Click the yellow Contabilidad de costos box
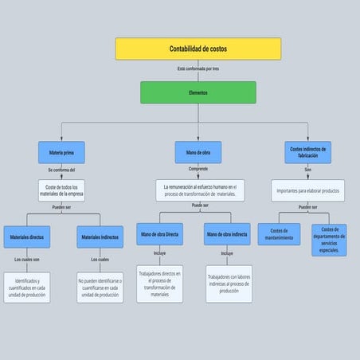point(198,49)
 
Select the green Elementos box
point(198,92)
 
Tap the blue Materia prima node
point(61,152)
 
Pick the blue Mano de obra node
point(198,152)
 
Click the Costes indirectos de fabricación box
point(307,152)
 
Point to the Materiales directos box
point(27,237)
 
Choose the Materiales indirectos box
point(100,237)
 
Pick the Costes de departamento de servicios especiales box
point(329,240)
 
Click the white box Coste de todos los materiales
point(61,190)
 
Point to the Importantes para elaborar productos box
point(307,191)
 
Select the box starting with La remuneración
point(199,190)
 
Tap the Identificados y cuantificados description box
point(27,287)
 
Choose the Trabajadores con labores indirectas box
point(229,284)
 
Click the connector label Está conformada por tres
point(198,69)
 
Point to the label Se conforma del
point(61,170)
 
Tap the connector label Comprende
point(198,170)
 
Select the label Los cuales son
point(27,260)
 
